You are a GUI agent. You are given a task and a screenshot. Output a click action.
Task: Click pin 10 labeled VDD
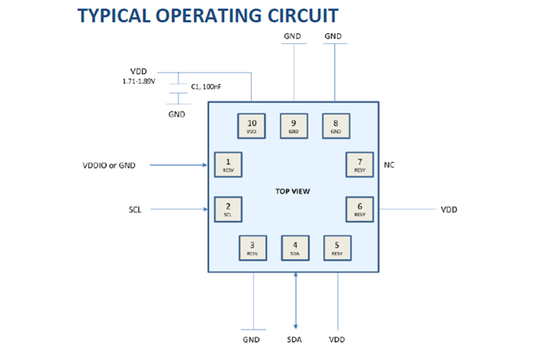(252, 125)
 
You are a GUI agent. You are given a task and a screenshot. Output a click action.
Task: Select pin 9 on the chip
(294, 125)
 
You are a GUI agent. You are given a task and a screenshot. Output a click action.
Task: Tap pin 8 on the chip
(335, 125)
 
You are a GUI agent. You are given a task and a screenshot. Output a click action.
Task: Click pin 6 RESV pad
(359, 209)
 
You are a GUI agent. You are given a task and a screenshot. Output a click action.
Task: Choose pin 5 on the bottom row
(337, 247)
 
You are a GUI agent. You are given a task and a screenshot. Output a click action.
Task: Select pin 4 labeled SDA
(294, 247)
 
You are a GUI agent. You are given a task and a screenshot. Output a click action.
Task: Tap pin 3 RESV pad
(252, 247)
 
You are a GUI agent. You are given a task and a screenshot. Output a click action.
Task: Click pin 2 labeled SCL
(227, 209)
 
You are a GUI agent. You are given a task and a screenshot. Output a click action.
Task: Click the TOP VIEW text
(293, 191)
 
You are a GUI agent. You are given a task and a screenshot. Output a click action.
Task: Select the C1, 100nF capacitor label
(206, 88)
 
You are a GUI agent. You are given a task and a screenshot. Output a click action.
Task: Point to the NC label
(390, 165)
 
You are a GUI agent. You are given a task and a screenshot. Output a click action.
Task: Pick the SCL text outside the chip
(135, 209)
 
